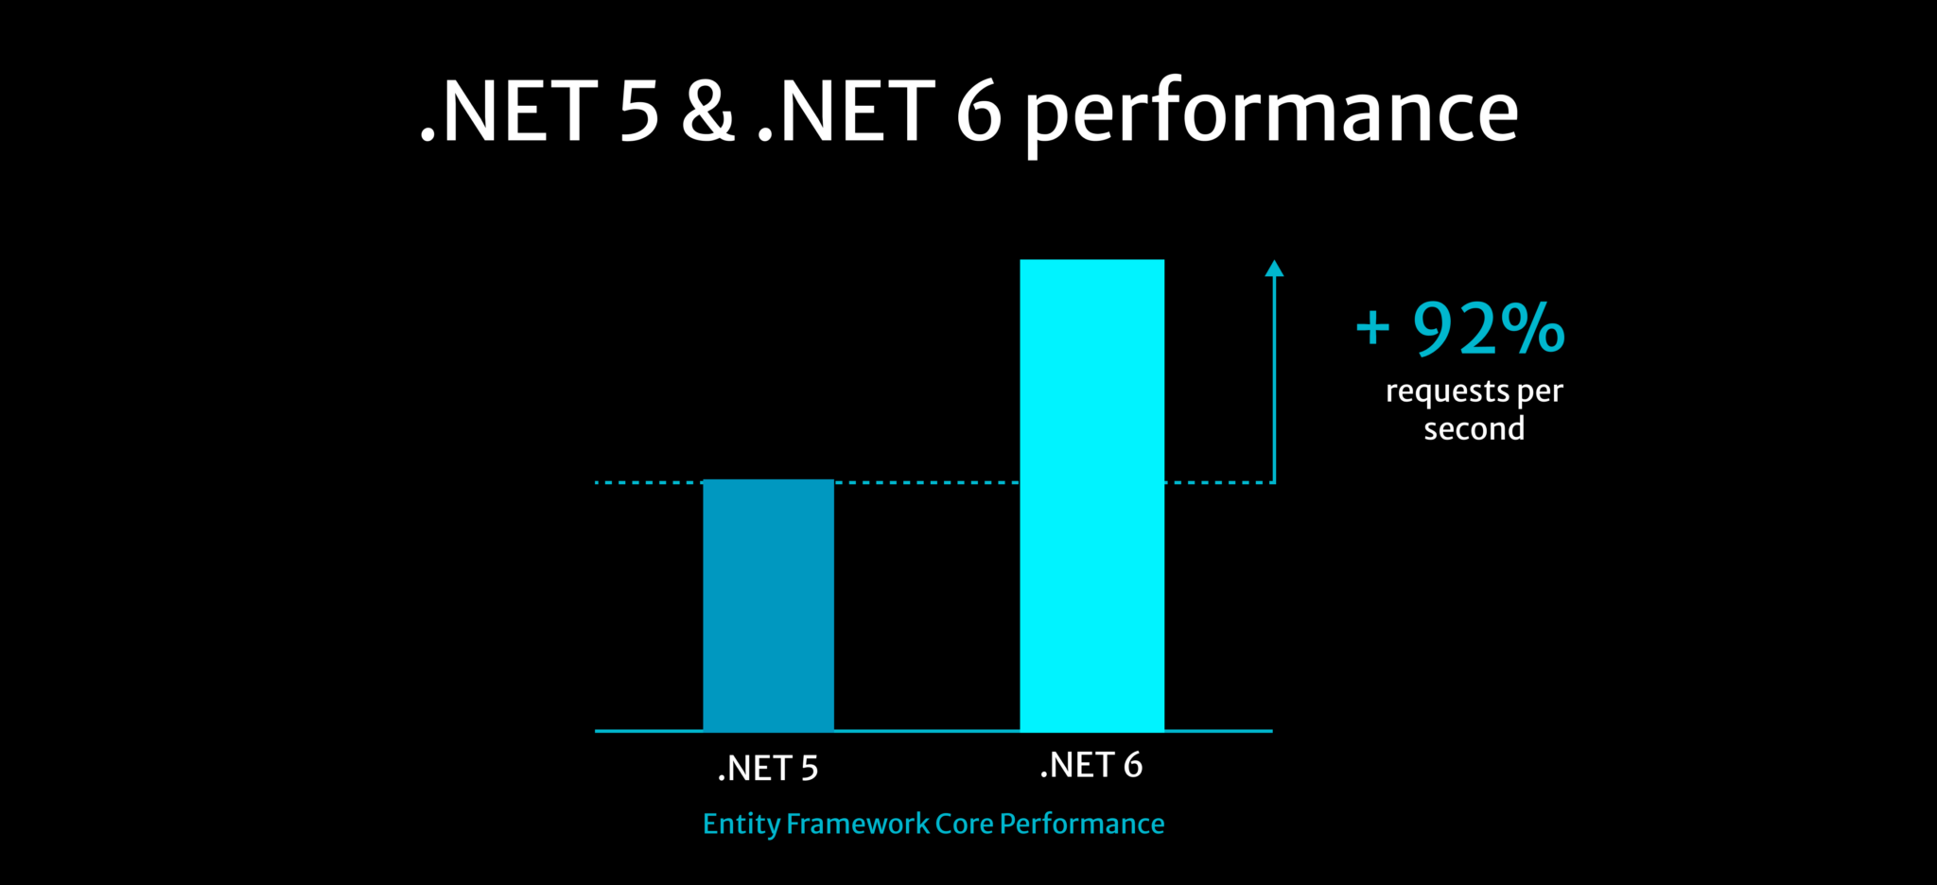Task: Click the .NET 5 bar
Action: pos(768,605)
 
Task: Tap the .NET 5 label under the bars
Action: pos(768,768)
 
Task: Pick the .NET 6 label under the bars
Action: pos(1091,764)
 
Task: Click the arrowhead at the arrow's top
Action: pos(1274,269)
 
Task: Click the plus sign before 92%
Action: pos(1372,329)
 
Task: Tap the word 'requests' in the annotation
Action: pos(1447,391)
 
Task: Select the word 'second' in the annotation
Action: pos(1474,429)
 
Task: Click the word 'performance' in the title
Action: pos(1271,113)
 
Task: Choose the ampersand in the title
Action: pos(707,112)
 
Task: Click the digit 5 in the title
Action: pos(638,112)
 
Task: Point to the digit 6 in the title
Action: pos(978,112)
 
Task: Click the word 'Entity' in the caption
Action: pos(741,824)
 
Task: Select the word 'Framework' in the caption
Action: pos(858,824)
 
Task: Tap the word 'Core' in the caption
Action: pos(964,824)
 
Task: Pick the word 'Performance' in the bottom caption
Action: pos(1082,824)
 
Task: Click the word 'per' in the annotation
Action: pos(1540,391)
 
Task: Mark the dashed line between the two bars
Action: pos(927,482)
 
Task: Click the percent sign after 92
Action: pos(1533,329)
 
